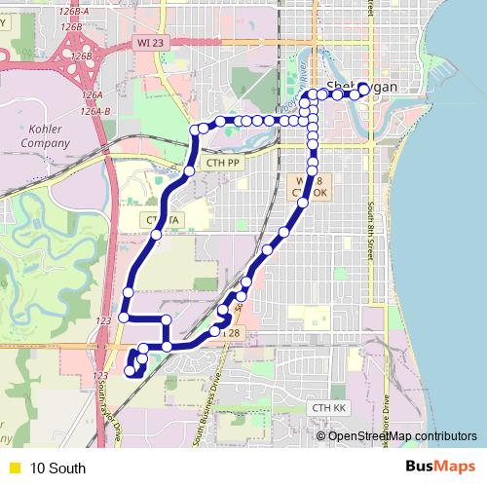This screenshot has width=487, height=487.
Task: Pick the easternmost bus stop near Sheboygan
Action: [x=363, y=89]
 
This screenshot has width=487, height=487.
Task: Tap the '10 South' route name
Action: [x=56, y=468]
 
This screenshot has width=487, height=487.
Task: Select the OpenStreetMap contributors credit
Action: [x=401, y=435]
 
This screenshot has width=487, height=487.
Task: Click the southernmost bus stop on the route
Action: [x=131, y=370]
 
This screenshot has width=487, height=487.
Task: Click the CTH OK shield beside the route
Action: [x=314, y=187]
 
